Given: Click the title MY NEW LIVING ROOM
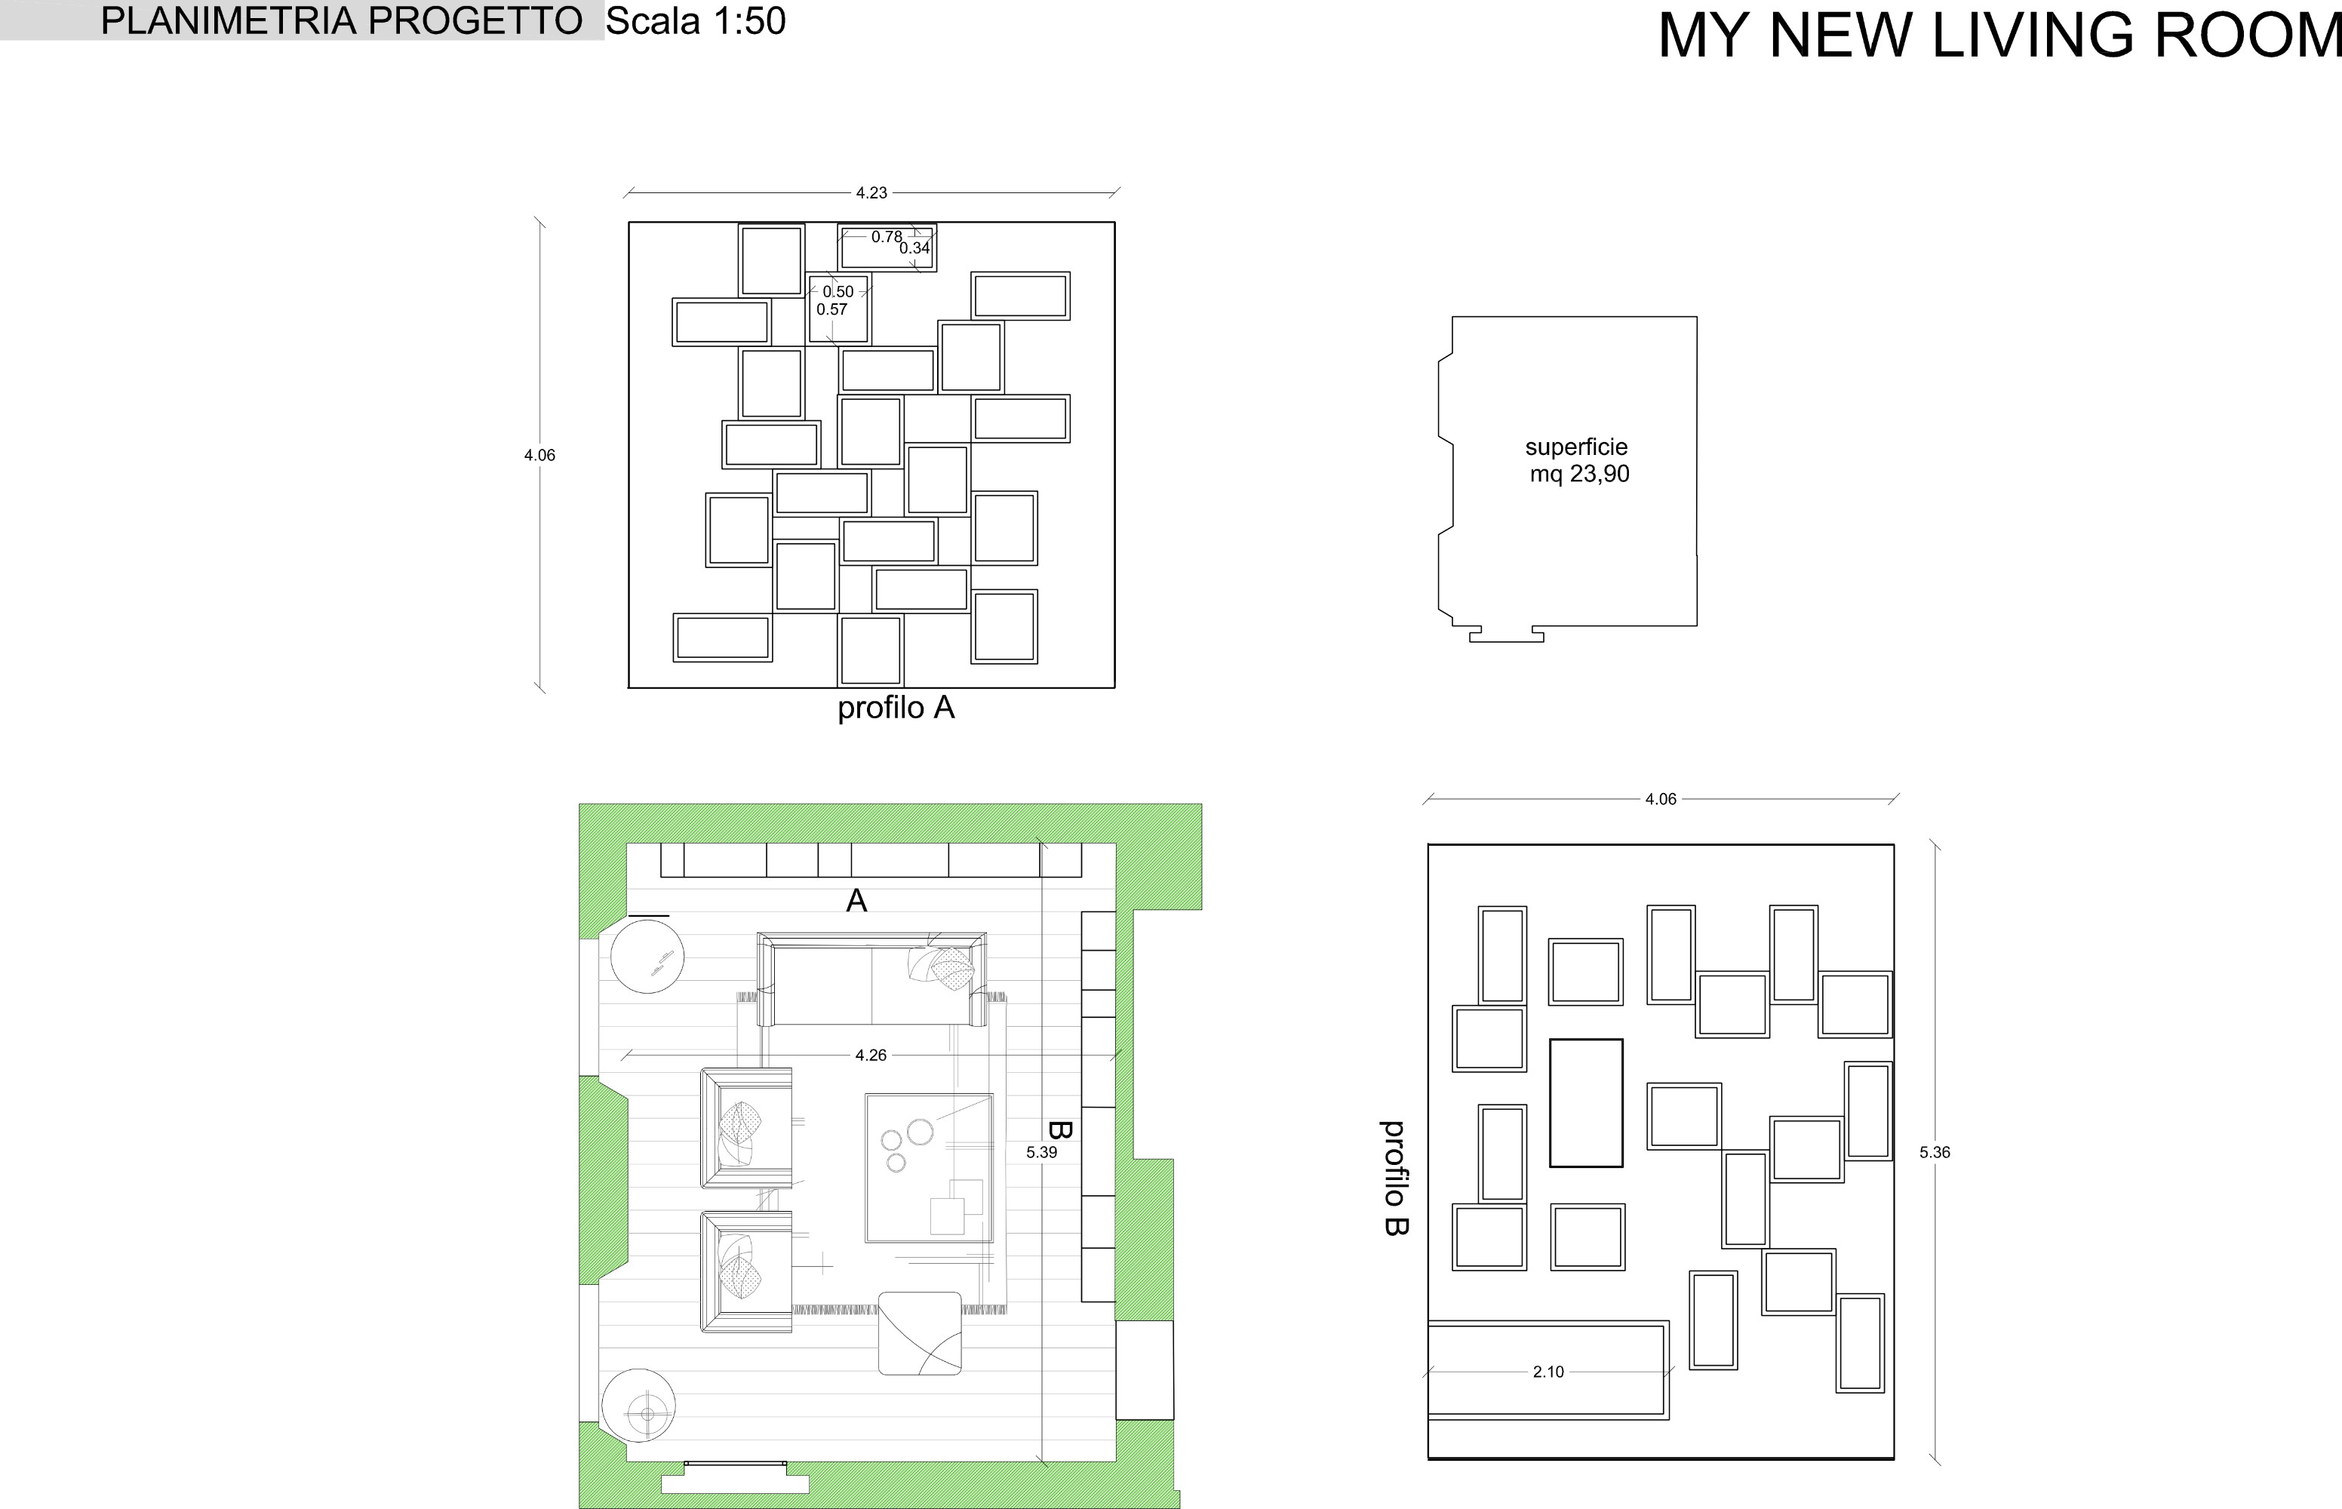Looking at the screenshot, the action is pos(1999,35).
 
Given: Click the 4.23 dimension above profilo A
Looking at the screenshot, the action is pos(871,193).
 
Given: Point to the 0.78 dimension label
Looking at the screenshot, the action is pos(887,236).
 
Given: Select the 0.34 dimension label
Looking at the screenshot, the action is pos(914,248).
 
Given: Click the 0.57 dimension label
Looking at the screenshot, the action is pos(832,309).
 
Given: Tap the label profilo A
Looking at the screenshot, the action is pos(896,708).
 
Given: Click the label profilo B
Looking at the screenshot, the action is pos(1395,1178).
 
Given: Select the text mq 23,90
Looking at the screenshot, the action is pos(1580,475).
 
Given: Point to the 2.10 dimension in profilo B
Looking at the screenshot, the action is pos(1548,1372).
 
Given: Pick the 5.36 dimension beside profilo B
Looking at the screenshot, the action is pos(1935,1152).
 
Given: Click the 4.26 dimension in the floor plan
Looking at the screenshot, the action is pos(871,1056).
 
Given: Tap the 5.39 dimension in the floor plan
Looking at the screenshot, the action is pos(1042,1152).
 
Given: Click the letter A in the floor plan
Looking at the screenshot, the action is pos(856,901).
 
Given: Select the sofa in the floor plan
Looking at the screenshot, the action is pos(871,980).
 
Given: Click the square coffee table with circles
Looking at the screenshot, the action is pos(929,1168).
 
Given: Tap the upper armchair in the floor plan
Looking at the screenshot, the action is pos(745,1128).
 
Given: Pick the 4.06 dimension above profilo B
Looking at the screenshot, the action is pos(1660,800).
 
